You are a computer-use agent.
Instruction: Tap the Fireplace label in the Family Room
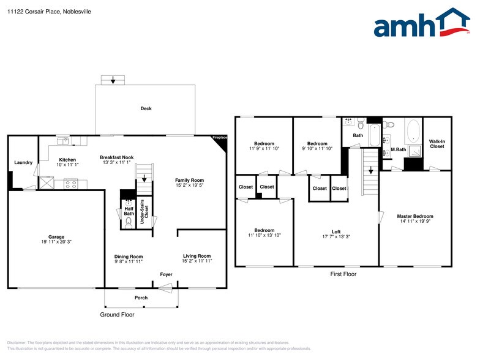tap(220, 138)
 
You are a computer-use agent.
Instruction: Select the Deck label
tap(146, 108)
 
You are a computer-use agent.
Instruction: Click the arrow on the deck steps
tap(113, 80)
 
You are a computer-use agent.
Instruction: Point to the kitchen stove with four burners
tap(71, 184)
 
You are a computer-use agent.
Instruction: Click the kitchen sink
tap(62, 141)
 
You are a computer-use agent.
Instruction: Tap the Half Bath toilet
tap(129, 223)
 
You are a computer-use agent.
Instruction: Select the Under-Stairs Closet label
tap(144, 212)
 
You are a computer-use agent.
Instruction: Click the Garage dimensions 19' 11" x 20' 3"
tap(56, 242)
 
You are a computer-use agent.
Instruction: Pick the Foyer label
tap(167, 274)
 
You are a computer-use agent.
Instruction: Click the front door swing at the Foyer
tap(165, 288)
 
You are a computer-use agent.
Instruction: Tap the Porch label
tap(141, 298)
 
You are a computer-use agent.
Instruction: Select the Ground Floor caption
tap(118, 315)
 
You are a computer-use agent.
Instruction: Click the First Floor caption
tap(343, 274)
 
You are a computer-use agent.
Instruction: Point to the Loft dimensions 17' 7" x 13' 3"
tap(336, 236)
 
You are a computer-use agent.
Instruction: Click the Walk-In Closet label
tap(437, 144)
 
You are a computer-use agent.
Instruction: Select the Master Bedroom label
tap(415, 216)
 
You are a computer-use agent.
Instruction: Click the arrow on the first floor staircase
tap(371, 170)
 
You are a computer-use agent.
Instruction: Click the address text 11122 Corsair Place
tap(34, 12)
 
